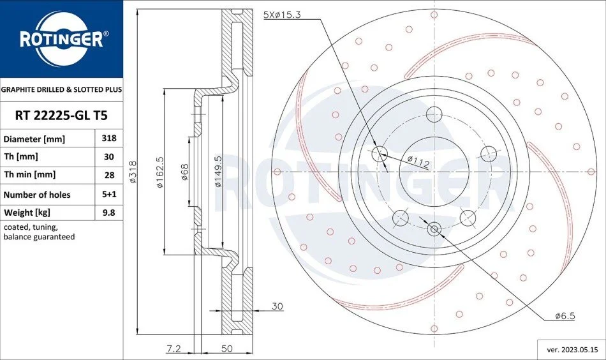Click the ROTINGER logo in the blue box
pyautogui.click(x=61, y=39)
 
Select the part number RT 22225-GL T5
pyautogui.click(x=61, y=116)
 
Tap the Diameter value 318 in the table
pyautogui.click(x=109, y=138)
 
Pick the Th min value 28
pyautogui.click(x=109, y=175)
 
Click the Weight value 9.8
pyautogui.click(x=109, y=213)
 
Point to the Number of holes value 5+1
pyautogui.click(x=109, y=194)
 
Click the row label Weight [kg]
pyautogui.click(x=27, y=213)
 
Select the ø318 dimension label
pyautogui.click(x=133, y=172)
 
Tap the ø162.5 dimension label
pyautogui.click(x=159, y=172)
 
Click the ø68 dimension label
pyautogui.click(x=184, y=172)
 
